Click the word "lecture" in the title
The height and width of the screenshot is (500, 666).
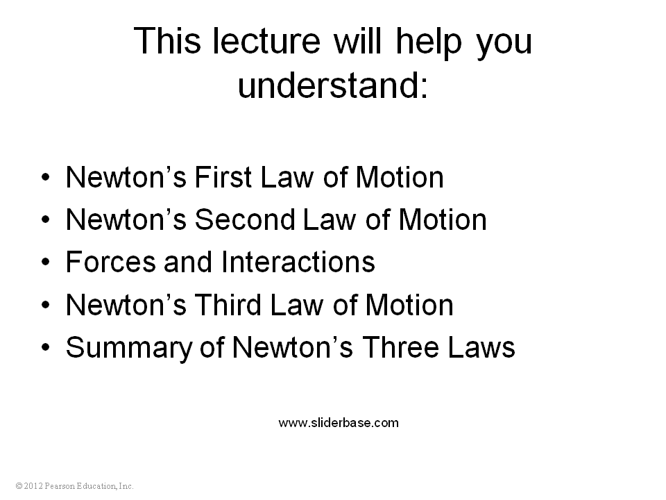point(266,41)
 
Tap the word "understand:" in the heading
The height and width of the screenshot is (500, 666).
point(333,85)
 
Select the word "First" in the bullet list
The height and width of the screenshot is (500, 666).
point(223,177)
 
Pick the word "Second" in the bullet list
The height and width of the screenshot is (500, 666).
point(245,219)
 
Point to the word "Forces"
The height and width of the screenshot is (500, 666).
point(111,262)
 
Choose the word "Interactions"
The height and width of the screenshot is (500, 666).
point(298,262)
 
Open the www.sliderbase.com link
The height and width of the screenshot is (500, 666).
point(339,423)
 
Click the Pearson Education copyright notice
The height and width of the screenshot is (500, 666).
point(74,486)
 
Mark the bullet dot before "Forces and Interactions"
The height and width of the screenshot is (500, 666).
point(46,262)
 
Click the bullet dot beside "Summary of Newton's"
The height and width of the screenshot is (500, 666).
point(46,347)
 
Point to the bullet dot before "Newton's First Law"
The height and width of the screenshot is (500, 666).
point(46,177)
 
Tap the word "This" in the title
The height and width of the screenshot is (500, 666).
point(167,41)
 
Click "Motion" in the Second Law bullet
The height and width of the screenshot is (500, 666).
point(443,219)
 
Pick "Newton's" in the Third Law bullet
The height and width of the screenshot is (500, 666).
point(126,305)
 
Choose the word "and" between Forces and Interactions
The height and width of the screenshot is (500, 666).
point(188,262)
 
